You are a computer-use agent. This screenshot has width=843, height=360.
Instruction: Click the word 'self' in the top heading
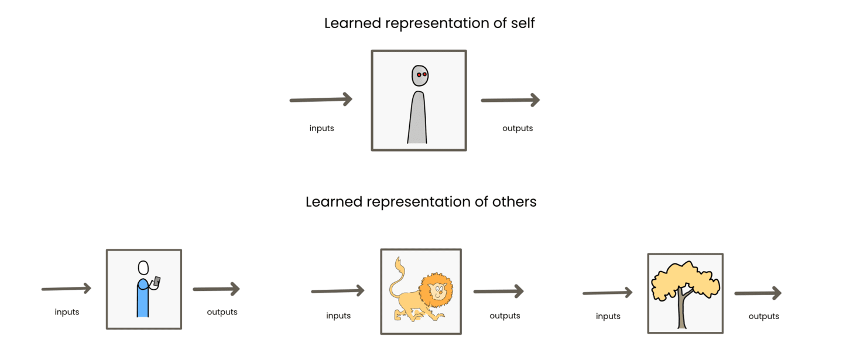point(522,23)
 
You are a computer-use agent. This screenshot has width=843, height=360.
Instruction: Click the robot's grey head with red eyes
point(420,76)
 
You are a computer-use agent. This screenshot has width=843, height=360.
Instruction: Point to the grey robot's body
point(417,118)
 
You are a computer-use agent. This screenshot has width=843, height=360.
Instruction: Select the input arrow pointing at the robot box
point(321,100)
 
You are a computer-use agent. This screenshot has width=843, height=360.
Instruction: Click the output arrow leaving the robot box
point(510,100)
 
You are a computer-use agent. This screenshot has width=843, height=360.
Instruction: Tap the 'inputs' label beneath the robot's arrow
point(322,128)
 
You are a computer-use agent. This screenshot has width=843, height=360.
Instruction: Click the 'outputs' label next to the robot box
point(518,128)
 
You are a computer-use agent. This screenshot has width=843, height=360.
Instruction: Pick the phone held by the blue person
point(157,281)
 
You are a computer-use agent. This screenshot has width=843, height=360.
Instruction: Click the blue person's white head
point(143,268)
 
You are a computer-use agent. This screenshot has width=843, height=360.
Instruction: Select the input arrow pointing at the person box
point(66,289)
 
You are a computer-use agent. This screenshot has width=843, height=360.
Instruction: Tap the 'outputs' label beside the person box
point(222,312)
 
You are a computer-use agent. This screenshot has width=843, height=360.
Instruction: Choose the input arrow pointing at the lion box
point(338,291)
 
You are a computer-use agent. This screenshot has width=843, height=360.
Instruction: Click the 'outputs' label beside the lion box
point(505,316)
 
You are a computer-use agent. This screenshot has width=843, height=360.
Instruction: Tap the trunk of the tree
point(681,309)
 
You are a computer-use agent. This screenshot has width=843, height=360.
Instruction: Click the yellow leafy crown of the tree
point(685,279)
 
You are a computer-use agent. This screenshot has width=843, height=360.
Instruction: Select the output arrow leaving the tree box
point(758,293)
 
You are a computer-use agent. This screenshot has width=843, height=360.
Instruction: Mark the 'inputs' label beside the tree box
point(608,316)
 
